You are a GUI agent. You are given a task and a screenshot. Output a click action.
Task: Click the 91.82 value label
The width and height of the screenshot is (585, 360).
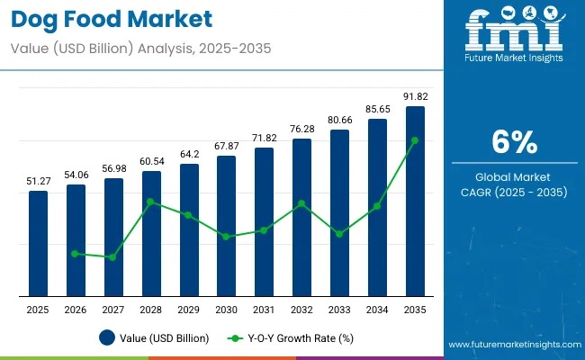point(415,96)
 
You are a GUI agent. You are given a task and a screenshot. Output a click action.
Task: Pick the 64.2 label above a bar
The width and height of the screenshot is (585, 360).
point(189,154)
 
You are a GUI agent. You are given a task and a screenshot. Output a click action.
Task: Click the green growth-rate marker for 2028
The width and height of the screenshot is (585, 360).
point(151,202)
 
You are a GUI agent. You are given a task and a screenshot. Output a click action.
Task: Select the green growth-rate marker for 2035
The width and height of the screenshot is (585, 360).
point(415,140)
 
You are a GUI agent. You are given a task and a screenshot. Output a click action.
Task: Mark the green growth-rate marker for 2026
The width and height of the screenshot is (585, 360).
point(76,254)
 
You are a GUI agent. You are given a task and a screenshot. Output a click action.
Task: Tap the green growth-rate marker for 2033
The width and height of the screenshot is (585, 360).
point(339,234)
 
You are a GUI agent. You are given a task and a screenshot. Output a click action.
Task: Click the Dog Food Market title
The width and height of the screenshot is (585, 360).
point(112,17)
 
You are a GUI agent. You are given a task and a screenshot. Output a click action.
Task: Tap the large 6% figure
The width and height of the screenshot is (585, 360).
point(514,142)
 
